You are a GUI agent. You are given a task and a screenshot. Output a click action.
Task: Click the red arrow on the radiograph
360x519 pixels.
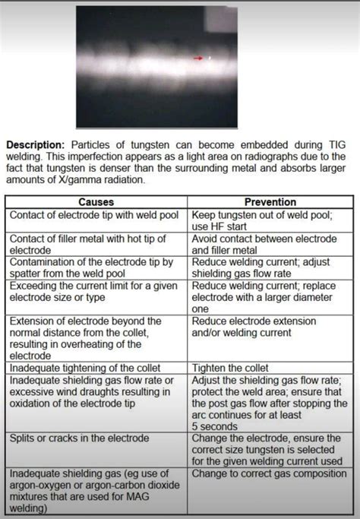click(x=200, y=58)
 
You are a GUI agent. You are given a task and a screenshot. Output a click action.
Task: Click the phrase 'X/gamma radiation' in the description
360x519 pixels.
click(x=97, y=180)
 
